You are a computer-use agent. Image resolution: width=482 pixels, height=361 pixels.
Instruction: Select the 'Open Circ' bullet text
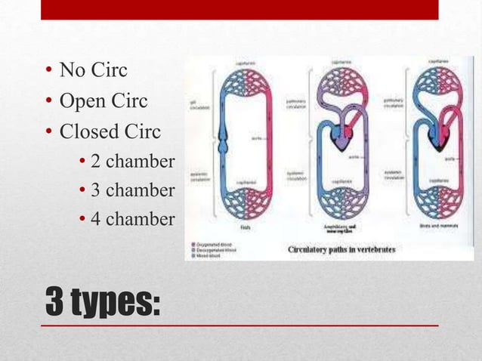tap(104, 101)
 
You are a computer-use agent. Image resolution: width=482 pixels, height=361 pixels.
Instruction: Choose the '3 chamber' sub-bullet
tap(132, 190)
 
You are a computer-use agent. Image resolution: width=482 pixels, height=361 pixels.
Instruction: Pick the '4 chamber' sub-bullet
tap(132, 219)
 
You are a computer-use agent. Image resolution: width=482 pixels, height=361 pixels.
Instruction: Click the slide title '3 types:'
tap(104, 304)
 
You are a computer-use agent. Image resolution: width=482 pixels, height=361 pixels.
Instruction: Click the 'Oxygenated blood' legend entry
tap(216, 245)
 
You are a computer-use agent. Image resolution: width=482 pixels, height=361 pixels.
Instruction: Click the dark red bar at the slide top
tap(239, 9)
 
